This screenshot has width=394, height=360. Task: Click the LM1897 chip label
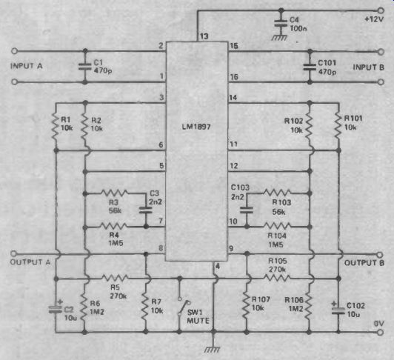pos(196,127)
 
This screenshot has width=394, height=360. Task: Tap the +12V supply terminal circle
pos(381,10)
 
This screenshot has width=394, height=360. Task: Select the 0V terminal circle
pos(381,333)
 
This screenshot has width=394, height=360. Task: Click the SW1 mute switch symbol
pos(184,307)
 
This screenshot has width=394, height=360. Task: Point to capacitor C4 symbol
pos(281,23)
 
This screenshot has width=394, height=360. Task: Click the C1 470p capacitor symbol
pos(85,66)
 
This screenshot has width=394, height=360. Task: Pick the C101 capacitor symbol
pos(310,67)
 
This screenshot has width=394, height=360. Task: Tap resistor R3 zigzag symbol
pos(114,193)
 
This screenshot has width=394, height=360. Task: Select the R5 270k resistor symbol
pos(115,278)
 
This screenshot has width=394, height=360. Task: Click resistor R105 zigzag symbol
pos(277,278)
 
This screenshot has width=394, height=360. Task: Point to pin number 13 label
pos(204,36)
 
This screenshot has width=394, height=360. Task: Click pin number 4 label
pos(218,266)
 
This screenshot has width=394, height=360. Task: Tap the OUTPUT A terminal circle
pos(14,253)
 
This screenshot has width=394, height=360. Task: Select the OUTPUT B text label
pos(364,263)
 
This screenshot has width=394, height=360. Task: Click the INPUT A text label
pos(27,66)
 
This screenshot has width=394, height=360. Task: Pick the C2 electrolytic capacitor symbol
pos(56,310)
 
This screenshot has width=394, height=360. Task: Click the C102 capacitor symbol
pos(338,310)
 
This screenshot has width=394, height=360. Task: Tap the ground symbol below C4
pos(279,38)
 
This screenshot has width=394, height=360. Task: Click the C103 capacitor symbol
pos(247,210)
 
